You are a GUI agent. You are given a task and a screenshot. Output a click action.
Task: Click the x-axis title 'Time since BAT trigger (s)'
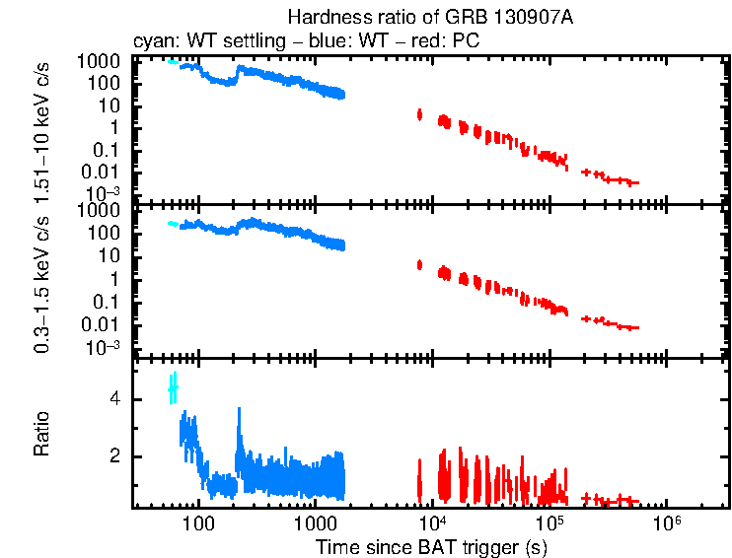click(x=431, y=546)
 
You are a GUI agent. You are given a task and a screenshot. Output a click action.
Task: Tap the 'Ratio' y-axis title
click(x=43, y=435)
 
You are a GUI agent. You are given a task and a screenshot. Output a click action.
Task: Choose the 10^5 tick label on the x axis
click(x=549, y=521)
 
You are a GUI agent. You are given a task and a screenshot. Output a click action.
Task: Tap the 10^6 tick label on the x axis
click(x=667, y=521)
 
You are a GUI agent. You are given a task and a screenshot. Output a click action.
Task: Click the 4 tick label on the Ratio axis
click(x=115, y=399)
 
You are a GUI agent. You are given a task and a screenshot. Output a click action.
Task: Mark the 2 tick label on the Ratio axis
click(x=115, y=456)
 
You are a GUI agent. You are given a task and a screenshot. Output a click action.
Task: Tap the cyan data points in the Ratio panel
click(x=173, y=388)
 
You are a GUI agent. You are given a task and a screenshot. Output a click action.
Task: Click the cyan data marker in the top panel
click(x=173, y=62)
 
